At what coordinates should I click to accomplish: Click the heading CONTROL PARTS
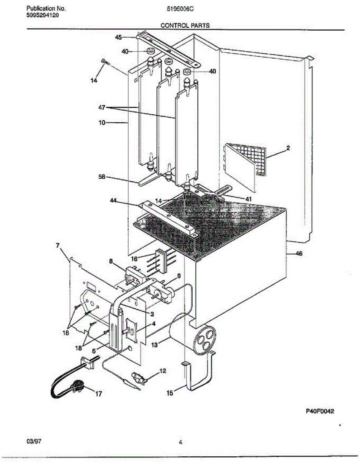(x=185, y=26)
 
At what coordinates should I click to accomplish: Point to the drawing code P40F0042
(x=319, y=411)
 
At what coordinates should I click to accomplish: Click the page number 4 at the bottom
(x=181, y=442)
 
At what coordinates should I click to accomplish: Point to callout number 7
(x=58, y=245)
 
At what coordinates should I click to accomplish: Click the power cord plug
(x=79, y=387)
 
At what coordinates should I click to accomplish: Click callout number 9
(x=178, y=276)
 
